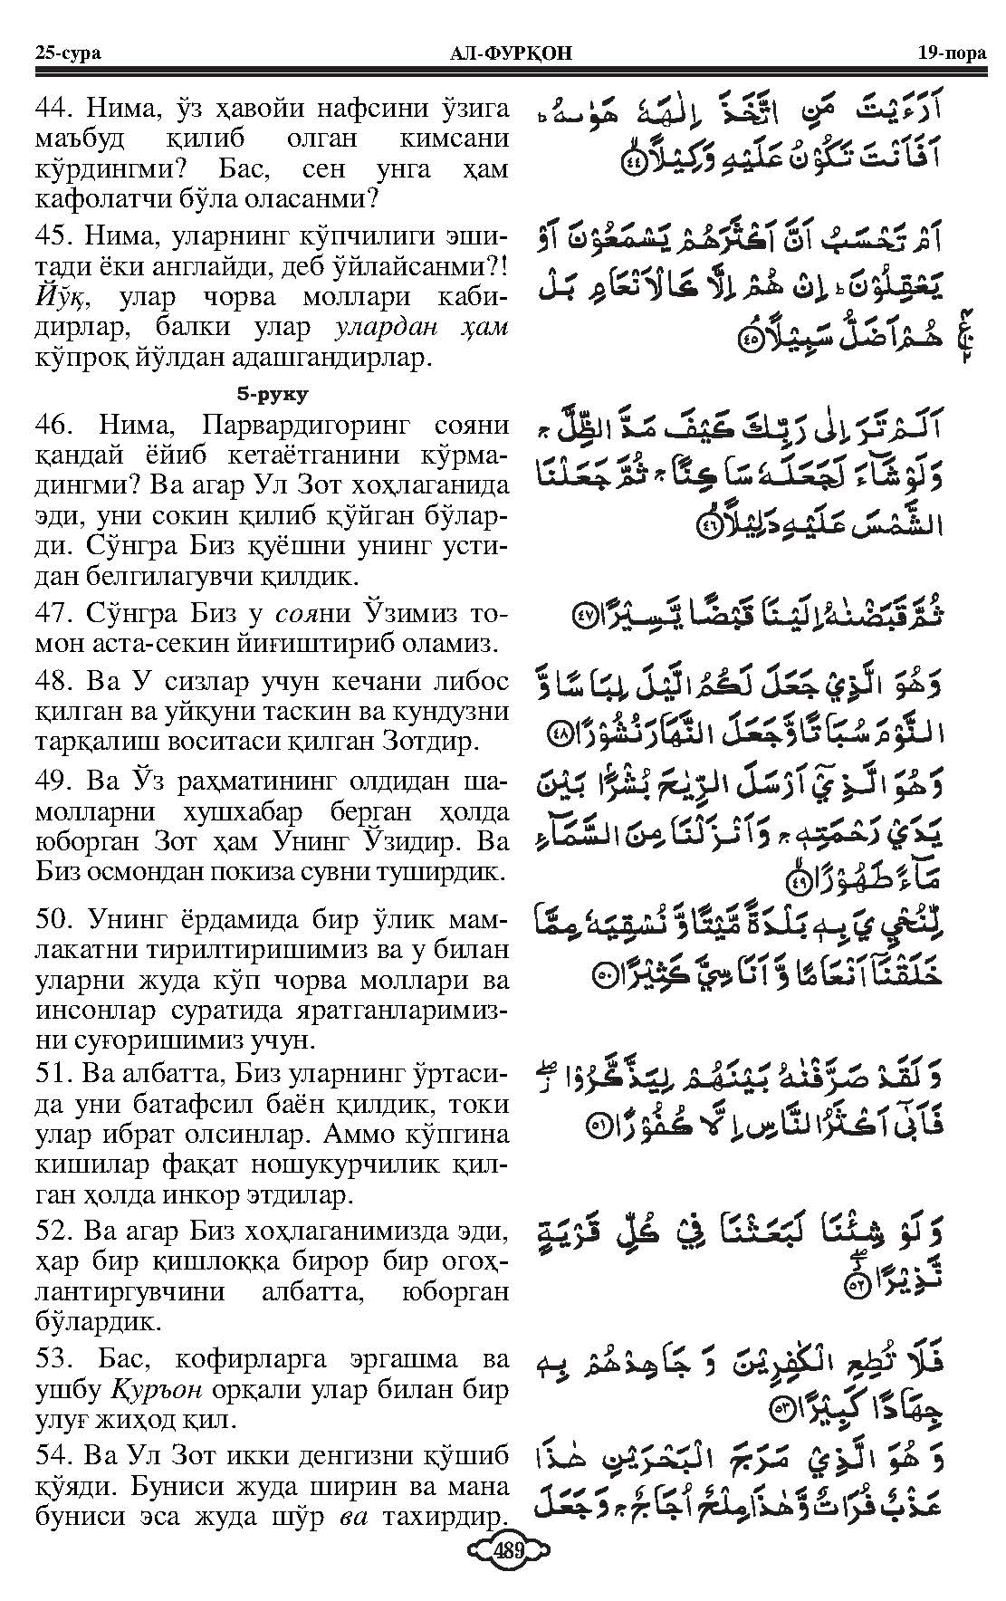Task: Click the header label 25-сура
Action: point(67,53)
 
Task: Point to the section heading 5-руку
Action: point(272,394)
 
